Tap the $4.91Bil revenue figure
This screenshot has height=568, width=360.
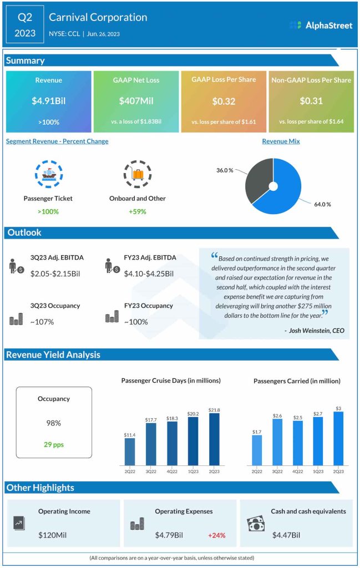pyautogui.click(x=48, y=101)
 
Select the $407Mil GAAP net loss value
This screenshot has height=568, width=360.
pyautogui.click(x=136, y=101)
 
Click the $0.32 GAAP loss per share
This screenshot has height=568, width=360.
pyautogui.click(x=224, y=102)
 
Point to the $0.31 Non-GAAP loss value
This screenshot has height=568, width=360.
pyautogui.click(x=311, y=101)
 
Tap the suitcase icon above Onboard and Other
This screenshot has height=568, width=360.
pyautogui.click(x=137, y=174)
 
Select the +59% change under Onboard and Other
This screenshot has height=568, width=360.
pyautogui.click(x=137, y=211)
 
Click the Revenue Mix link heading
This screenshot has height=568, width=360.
pyautogui.click(x=281, y=141)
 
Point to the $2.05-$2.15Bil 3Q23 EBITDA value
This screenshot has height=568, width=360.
pyautogui.click(x=57, y=273)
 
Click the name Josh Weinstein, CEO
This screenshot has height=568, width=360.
pyautogui.click(x=315, y=331)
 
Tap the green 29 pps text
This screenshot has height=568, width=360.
pyautogui.click(x=54, y=444)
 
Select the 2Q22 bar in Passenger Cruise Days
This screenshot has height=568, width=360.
pyautogui.click(x=130, y=452)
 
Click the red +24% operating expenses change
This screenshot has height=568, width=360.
pyautogui.click(x=216, y=535)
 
